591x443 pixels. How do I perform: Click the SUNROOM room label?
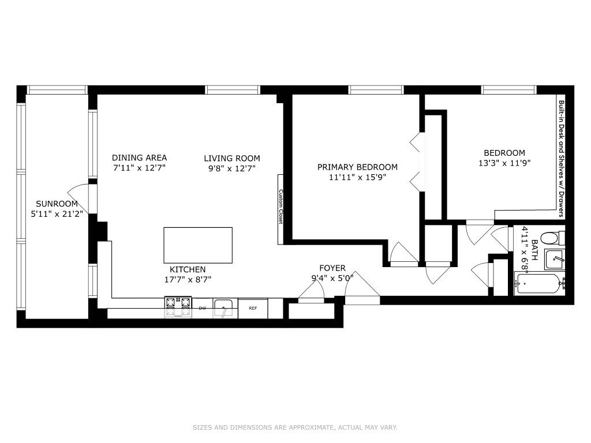(57, 204)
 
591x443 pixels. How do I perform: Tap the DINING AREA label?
(139, 157)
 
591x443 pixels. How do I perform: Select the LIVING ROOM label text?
(231, 158)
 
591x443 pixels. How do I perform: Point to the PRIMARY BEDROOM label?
(357, 167)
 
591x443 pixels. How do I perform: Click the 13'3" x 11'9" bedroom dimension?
(504, 163)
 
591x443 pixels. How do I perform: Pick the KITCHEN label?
(188, 269)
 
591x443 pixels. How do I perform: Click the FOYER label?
(332, 268)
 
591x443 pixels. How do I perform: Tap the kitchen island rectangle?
(198, 245)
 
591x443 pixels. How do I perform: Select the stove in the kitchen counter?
(178, 307)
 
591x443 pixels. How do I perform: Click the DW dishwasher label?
(203, 308)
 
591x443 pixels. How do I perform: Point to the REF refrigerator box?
(253, 308)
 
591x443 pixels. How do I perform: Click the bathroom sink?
(555, 260)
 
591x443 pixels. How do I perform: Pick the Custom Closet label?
(281, 207)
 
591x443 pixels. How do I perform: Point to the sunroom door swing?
(80, 197)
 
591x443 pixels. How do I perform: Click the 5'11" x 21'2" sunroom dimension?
(57, 213)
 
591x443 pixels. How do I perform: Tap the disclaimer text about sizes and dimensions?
(295, 427)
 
